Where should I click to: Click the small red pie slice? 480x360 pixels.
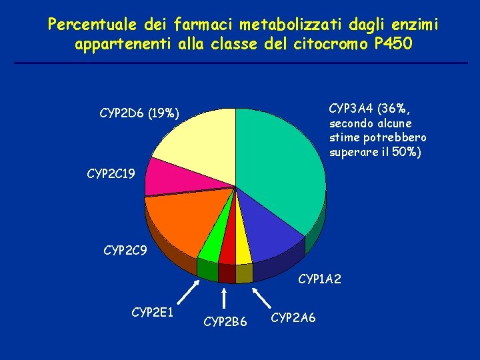(x=227, y=250)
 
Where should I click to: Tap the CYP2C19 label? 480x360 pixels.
(x=111, y=174)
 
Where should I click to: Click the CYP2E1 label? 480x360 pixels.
(x=153, y=311)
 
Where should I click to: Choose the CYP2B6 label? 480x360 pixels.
(x=225, y=322)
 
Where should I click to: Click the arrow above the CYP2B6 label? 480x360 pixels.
(x=225, y=297)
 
